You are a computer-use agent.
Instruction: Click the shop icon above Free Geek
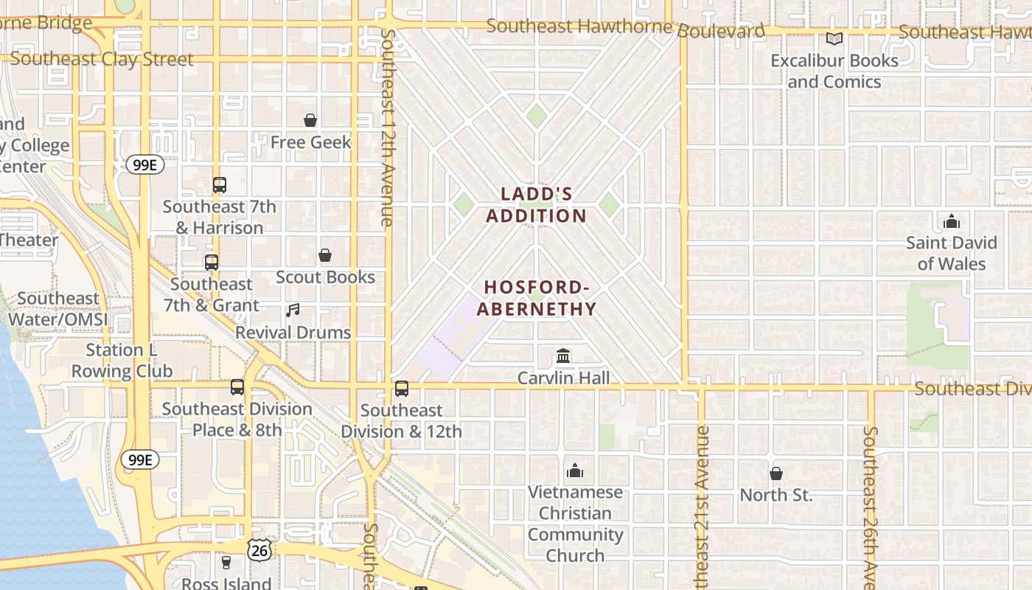310,120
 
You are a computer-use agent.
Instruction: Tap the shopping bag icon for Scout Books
325,256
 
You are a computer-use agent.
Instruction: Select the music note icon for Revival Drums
293,310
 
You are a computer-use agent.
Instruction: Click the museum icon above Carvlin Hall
564,357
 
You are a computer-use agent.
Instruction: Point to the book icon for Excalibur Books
834,39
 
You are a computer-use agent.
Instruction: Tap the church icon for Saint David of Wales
952,221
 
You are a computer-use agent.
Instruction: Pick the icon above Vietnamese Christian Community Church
575,471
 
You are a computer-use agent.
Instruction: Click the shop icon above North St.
776,473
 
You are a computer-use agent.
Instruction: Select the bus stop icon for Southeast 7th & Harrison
220,185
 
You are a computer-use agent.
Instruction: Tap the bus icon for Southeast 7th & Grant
212,263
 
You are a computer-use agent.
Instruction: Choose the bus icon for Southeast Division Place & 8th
237,387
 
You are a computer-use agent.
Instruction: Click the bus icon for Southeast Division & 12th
402,389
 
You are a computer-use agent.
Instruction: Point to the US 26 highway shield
259,549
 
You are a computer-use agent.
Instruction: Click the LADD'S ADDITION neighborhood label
544,205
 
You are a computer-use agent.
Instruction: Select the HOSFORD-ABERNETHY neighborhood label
537,298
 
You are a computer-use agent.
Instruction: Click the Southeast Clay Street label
102,59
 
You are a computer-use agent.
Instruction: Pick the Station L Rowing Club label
122,361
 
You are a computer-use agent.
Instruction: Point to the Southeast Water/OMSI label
58,309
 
